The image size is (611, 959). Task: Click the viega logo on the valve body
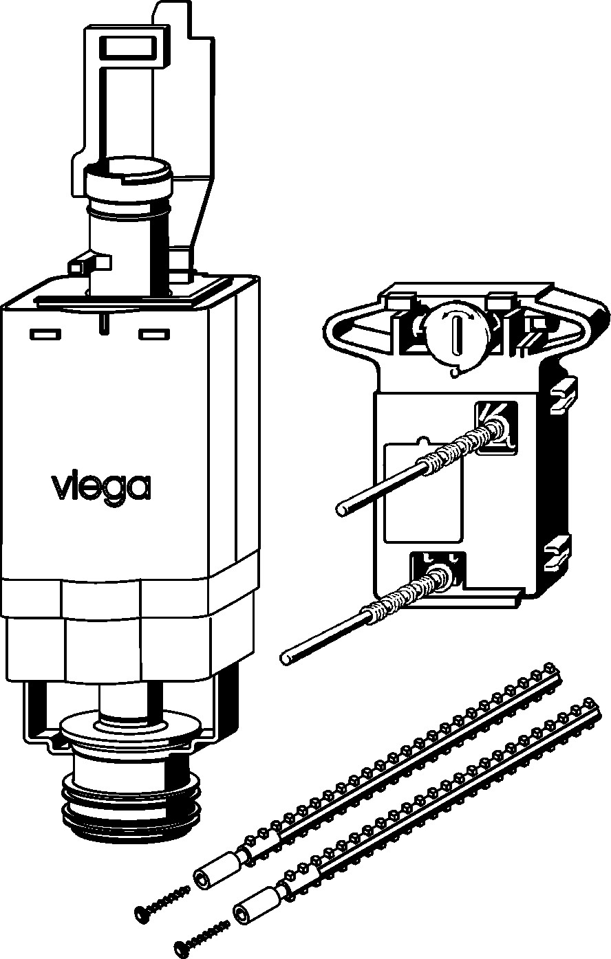coord(101,487)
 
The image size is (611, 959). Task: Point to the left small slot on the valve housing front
coord(45,334)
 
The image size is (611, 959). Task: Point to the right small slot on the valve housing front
coord(154,334)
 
